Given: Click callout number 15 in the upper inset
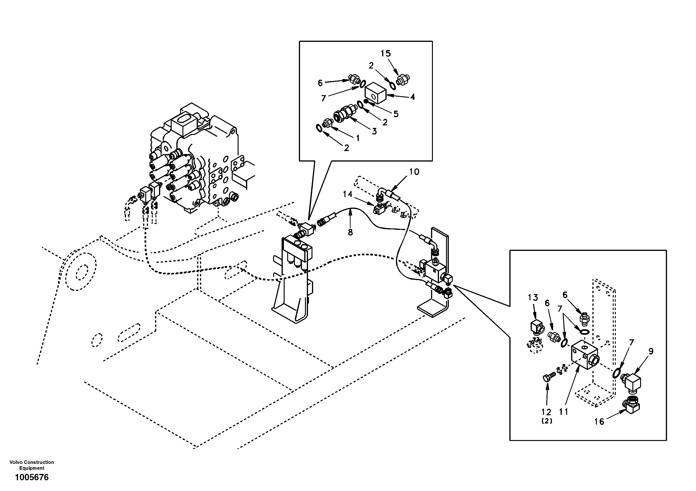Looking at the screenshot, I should pyautogui.click(x=386, y=54).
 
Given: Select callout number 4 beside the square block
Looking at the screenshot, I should pyautogui.click(x=412, y=97).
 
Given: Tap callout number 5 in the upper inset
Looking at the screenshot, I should pyautogui.click(x=396, y=114).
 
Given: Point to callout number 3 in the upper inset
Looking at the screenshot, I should pyautogui.click(x=374, y=132).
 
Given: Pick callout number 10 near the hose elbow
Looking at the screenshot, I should pyautogui.click(x=414, y=172).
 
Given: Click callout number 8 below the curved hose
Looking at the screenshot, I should pyautogui.click(x=350, y=232).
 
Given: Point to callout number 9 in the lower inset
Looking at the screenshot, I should pyautogui.click(x=651, y=351).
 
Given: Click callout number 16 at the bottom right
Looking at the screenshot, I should pyautogui.click(x=599, y=422).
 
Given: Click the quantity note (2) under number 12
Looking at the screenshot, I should pyautogui.click(x=547, y=421).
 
